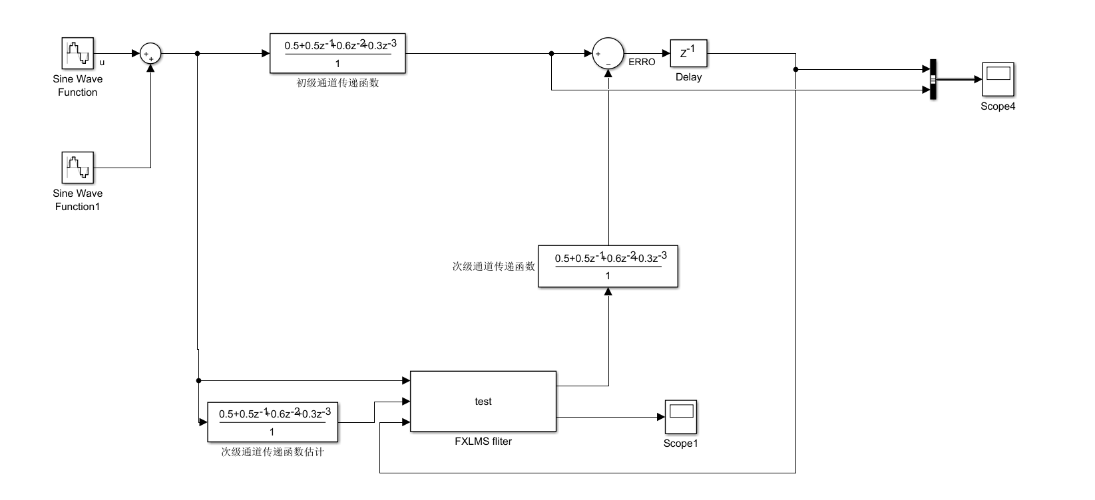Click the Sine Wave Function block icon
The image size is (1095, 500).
coord(78,53)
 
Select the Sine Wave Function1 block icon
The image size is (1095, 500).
coord(78,168)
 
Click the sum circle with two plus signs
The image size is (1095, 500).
coord(151,54)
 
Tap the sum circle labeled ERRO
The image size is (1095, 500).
coord(608,54)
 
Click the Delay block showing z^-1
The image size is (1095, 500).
coord(688,53)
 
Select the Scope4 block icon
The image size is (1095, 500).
coord(998,79)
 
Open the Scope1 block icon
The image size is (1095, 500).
coord(680,417)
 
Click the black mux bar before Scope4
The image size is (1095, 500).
coord(933,79)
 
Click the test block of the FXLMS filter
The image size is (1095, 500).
coord(483,402)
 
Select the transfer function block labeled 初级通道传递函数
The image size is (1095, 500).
coord(337,53)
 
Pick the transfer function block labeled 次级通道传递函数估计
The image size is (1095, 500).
coord(272,422)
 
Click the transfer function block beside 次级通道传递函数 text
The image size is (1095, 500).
coord(608,267)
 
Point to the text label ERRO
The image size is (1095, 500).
coord(642,62)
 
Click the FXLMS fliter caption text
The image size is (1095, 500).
coord(483,441)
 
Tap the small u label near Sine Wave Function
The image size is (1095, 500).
coord(102,63)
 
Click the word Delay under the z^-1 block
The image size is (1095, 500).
coord(688,77)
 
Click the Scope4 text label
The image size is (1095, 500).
coord(998,106)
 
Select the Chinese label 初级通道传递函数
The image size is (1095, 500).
coord(337,83)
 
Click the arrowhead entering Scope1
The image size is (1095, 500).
coord(661,418)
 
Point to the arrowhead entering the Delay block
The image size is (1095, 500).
coord(666,54)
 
